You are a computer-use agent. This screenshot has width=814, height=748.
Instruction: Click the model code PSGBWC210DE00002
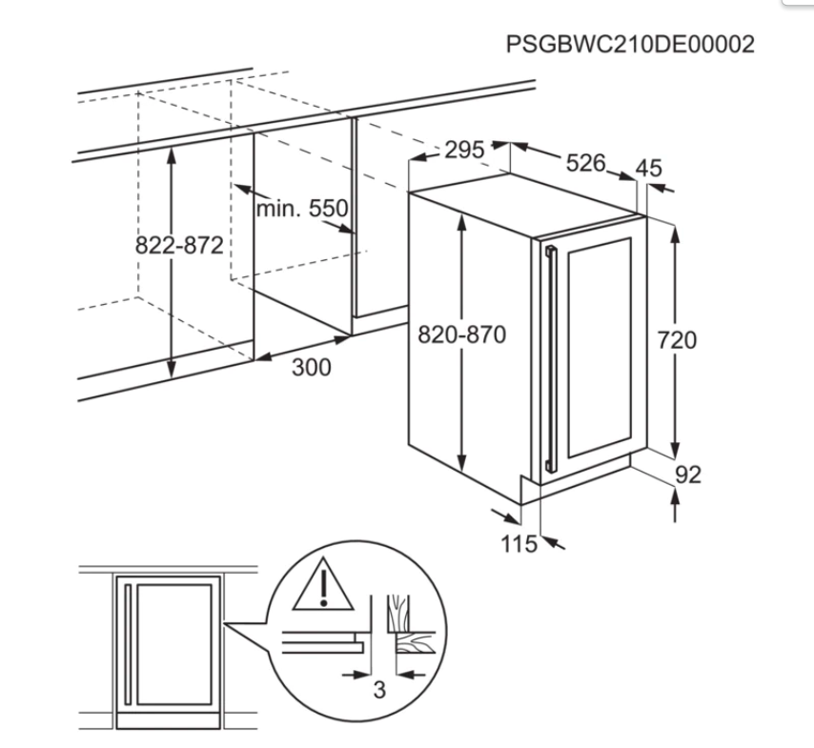point(630,44)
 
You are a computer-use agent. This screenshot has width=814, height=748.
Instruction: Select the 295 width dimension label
point(464,150)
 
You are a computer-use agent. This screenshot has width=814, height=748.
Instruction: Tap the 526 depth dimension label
point(585,163)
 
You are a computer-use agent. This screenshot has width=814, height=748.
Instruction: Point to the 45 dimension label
point(649,168)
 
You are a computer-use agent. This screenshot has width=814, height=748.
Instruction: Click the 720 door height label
point(677,340)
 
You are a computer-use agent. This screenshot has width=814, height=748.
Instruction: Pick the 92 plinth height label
point(688,475)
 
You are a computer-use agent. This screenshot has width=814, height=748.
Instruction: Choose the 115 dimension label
point(519,544)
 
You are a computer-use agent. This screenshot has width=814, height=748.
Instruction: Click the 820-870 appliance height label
point(461,334)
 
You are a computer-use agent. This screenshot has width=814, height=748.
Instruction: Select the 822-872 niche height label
point(179,245)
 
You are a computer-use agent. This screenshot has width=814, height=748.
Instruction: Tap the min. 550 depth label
point(302,209)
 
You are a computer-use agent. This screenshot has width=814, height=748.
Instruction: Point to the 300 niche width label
point(311,368)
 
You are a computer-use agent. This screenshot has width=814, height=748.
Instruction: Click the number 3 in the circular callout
point(379,690)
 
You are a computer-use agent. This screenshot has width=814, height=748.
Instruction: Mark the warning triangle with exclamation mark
point(323,585)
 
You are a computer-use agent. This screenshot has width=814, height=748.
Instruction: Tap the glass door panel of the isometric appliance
point(600,348)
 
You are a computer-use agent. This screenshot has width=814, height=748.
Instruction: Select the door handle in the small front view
point(127,644)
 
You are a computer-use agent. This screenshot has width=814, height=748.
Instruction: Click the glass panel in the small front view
point(173,644)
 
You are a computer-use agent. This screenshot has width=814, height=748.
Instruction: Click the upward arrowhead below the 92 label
point(674,495)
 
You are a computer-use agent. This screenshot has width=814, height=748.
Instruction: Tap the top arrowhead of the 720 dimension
point(674,234)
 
